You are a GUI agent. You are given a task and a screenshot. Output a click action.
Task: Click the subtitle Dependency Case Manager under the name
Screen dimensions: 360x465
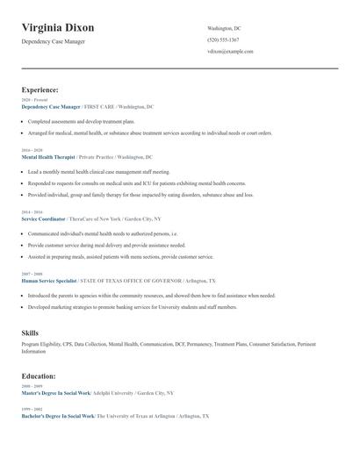60,42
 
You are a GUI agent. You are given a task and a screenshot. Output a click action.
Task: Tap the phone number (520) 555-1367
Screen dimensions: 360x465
223,40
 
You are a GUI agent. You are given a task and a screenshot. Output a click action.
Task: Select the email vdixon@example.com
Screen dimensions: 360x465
230,52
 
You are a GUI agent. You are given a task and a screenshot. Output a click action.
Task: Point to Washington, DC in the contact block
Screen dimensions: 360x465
224,29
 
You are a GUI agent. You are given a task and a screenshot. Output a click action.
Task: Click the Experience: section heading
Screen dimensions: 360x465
40,89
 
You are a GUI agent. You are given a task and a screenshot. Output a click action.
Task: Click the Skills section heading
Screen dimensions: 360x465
30,333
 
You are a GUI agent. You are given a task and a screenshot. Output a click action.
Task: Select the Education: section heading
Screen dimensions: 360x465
39,376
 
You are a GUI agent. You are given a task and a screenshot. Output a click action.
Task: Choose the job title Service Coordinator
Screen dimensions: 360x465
43,218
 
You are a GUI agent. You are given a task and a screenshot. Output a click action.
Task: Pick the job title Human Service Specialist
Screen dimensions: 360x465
49,280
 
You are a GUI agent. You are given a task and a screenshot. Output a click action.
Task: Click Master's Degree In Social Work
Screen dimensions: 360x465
56,393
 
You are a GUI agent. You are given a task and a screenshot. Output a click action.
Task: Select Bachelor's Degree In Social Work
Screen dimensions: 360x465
57,415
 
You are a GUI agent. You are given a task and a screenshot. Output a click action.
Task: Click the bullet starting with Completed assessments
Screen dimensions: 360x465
81,121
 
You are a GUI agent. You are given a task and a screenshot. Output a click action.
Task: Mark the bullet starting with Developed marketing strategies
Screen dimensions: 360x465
132,308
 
